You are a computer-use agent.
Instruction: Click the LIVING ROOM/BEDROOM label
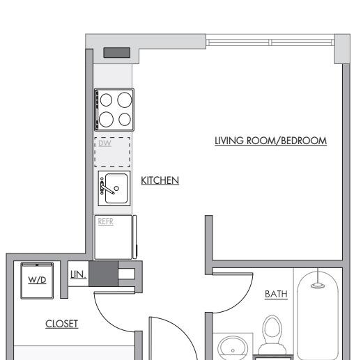270,141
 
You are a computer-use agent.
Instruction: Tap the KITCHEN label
160,180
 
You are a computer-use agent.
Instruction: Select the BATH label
276,295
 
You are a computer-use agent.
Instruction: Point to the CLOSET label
62,324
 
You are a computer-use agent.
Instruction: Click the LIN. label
78,275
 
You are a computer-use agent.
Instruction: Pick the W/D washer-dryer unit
37,281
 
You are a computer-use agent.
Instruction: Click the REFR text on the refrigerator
106,221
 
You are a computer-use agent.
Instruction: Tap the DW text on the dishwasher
105,143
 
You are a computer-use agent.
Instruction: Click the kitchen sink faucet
107,187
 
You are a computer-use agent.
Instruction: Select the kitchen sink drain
116,188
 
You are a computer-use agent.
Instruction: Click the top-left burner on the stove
106,100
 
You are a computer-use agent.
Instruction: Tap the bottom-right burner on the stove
125,119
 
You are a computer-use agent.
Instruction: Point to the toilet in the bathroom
272,334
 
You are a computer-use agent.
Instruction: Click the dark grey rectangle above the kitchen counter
117,53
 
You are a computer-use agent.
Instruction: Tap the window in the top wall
270,42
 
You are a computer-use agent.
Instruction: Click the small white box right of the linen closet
127,274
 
